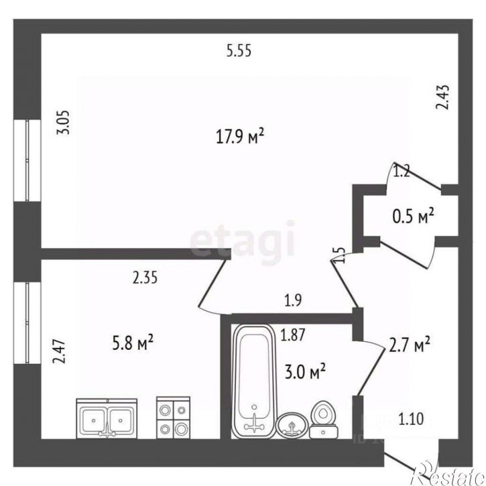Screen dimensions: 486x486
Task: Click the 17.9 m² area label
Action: click(x=239, y=136)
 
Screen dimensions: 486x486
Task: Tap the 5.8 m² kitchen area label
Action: click(x=133, y=343)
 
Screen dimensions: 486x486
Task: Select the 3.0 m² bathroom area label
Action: click(x=305, y=371)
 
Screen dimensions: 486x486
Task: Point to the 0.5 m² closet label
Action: click(x=413, y=216)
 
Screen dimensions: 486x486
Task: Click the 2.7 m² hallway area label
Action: click(x=409, y=345)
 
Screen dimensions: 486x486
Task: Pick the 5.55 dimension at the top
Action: click(x=239, y=51)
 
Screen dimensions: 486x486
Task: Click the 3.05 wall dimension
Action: click(x=63, y=123)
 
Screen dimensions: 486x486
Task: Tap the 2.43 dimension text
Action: click(x=442, y=97)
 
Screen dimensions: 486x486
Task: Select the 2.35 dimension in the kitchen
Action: click(x=145, y=278)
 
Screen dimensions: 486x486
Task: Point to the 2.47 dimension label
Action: click(x=59, y=351)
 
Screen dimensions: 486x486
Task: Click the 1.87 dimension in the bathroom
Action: click(x=293, y=335)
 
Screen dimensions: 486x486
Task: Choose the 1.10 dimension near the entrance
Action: click(x=411, y=420)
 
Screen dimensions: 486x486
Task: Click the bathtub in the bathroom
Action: click(x=254, y=381)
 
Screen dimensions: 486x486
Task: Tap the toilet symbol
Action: click(x=324, y=420)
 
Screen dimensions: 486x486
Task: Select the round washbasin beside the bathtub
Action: click(x=292, y=426)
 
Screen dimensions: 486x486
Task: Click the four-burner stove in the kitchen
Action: click(x=173, y=418)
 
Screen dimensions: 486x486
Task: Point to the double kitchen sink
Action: click(x=107, y=418)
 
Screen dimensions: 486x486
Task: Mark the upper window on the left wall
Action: click(x=27, y=161)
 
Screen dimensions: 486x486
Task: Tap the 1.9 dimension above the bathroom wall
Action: click(x=293, y=300)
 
